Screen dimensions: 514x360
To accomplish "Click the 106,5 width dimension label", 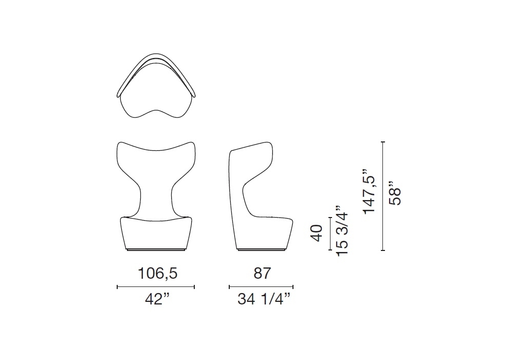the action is [x=158, y=273].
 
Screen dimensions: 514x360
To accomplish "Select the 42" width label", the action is [x=158, y=299].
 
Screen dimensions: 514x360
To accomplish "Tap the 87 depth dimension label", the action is [x=262, y=273].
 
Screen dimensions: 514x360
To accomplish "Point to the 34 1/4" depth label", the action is [x=264, y=299].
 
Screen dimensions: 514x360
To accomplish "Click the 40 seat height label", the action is [x=317, y=233].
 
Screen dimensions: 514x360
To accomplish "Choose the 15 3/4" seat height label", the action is [x=342, y=231].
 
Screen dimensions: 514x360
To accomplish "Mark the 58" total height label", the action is [x=394, y=193].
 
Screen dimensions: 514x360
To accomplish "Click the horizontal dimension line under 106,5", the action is [x=156, y=287].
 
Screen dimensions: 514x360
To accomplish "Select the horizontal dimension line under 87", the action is [x=261, y=287].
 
